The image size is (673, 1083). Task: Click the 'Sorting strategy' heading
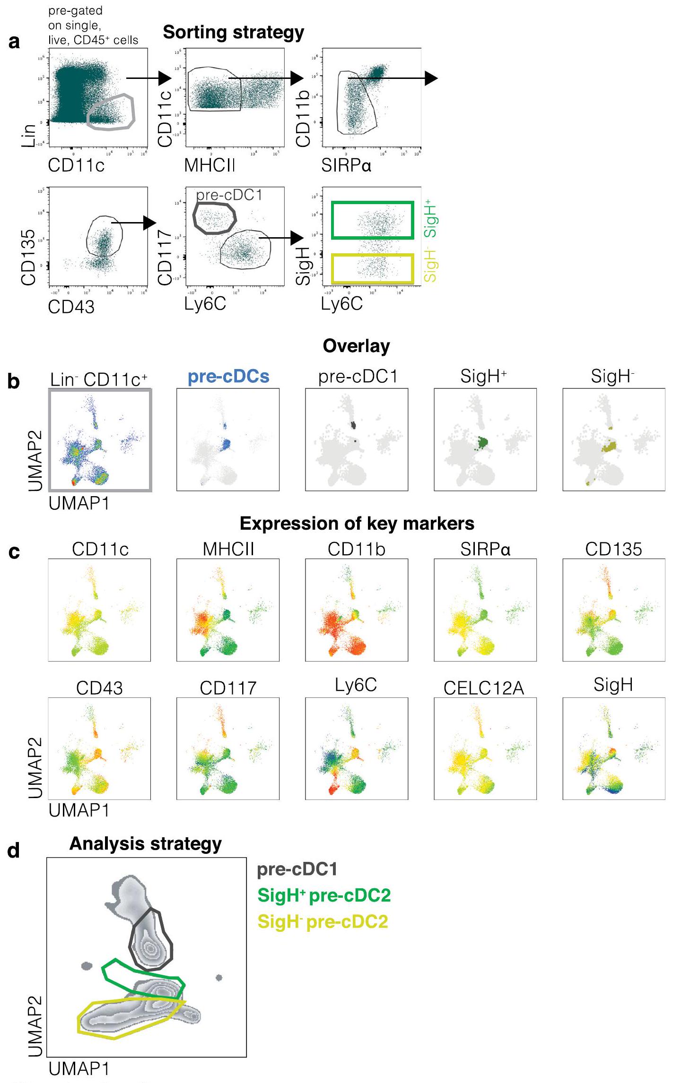pyautogui.click(x=234, y=33)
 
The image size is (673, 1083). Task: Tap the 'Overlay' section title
pyautogui.click(x=356, y=346)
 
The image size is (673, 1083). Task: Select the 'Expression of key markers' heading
pyautogui.click(x=357, y=524)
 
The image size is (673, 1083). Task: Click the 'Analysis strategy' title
pyautogui.click(x=145, y=843)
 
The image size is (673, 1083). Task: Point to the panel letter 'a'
pyautogui.click(x=15, y=42)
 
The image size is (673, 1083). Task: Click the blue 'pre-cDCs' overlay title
pyautogui.click(x=228, y=377)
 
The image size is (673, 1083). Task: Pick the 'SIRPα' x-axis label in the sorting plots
pyautogui.click(x=346, y=165)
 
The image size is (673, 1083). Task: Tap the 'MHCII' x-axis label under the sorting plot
pyautogui.click(x=210, y=165)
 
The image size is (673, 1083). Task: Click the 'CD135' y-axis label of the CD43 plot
pyautogui.click(x=28, y=257)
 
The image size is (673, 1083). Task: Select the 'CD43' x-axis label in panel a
pyautogui.click(x=71, y=307)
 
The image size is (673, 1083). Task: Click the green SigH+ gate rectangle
pyautogui.click(x=373, y=203)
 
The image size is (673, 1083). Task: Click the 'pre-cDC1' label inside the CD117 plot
pyautogui.click(x=229, y=195)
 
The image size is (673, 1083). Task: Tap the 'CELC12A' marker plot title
pyautogui.click(x=484, y=688)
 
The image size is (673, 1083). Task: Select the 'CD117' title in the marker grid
pyautogui.click(x=228, y=688)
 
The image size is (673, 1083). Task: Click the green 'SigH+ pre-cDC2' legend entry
pyautogui.click(x=324, y=895)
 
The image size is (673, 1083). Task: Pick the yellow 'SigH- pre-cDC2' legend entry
pyautogui.click(x=323, y=922)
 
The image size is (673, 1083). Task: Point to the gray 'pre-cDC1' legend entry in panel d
pyautogui.click(x=297, y=869)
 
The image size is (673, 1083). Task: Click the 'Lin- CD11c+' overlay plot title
pyautogui.click(x=99, y=379)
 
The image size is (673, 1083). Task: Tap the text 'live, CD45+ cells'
pyautogui.click(x=93, y=40)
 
